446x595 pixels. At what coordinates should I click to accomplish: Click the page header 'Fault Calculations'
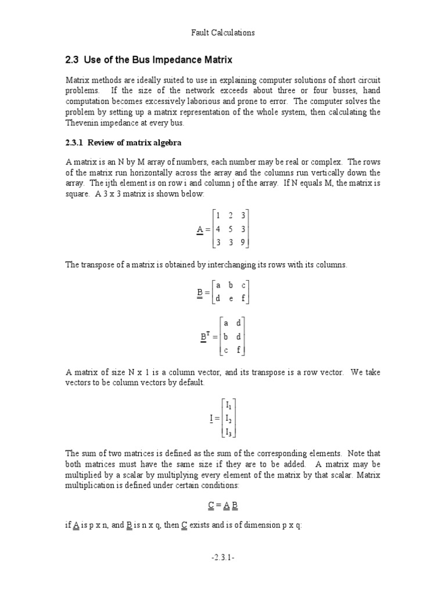pyautogui.click(x=223, y=33)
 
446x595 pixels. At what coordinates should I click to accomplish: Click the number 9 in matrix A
pyautogui.click(x=242, y=242)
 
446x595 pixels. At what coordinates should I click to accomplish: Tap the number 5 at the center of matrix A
pyautogui.click(x=230, y=229)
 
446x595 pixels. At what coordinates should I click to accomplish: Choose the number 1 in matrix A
pyautogui.click(x=217, y=216)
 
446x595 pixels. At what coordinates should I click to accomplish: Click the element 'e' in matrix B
pyautogui.click(x=231, y=299)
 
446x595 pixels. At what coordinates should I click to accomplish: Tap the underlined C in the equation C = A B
pyautogui.click(x=209, y=505)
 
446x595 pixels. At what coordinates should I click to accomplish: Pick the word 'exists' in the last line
pyautogui.click(x=200, y=525)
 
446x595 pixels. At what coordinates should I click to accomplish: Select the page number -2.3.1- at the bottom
pyautogui.click(x=222, y=574)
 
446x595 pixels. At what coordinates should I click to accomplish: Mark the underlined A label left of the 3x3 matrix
pyautogui.click(x=200, y=230)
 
